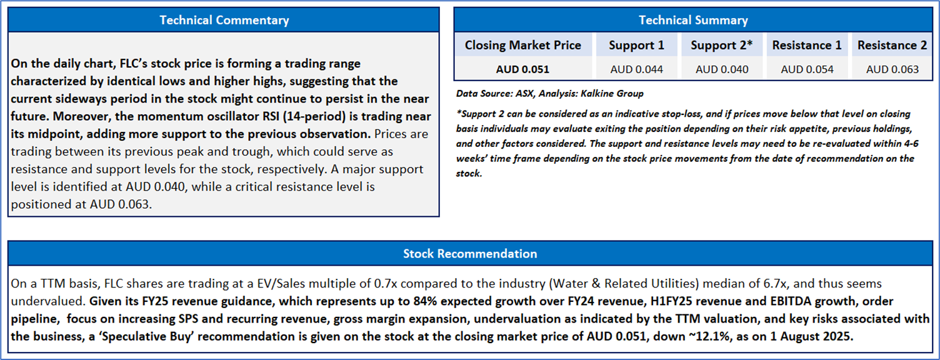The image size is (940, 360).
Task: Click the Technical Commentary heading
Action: coord(224,20)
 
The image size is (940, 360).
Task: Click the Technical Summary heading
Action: coord(693,20)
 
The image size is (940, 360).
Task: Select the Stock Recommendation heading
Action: coord(470,253)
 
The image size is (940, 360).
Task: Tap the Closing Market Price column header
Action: coord(523,45)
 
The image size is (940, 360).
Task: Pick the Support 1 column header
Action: coord(637,46)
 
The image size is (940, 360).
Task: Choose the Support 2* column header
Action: coord(722,46)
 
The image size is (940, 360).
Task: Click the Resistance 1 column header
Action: coord(807,45)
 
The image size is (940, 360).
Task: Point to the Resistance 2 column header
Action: coord(892,45)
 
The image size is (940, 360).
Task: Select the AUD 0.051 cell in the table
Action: coord(523,69)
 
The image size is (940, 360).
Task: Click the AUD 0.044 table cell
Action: coord(637,69)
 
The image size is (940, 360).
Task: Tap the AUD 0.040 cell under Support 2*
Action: coord(722,69)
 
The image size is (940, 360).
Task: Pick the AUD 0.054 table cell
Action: coord(807,69)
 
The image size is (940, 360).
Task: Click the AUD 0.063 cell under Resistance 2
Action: coord(892,69)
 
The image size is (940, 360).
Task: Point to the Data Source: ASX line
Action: coord(550,94)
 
